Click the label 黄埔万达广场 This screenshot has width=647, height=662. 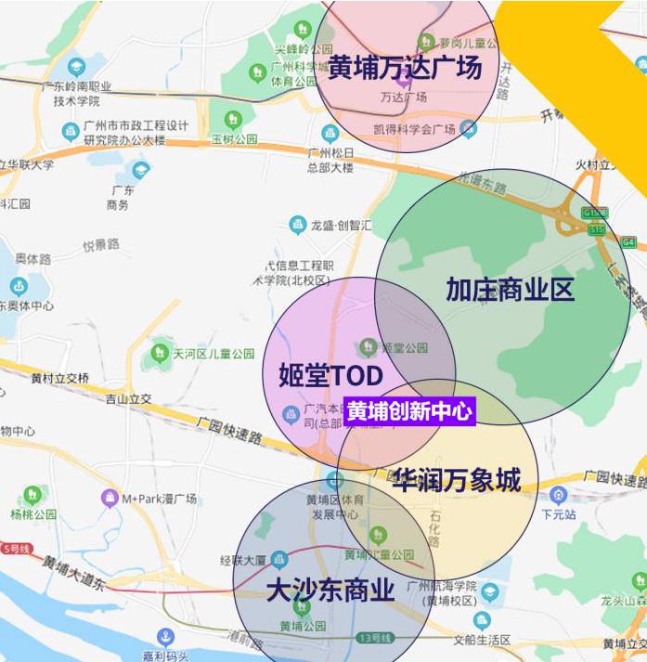pyautogui.click(x=405, y=68)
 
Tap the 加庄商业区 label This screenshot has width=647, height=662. pyautogui.click(x=510, y=290)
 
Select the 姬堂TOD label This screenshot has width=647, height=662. pyautogui.click(x=330, y=375)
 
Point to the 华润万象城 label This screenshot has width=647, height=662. pyautogui.click(x=456, y=480)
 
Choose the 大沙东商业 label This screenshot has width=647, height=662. pyautogui.click(x=330, y=591)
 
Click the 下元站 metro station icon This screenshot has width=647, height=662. pyautogui.click(x=558, y=495)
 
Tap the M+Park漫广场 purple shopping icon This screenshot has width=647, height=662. pyautogui.click(x=110, y=499)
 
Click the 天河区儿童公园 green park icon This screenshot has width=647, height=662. pyautogui.click(x=161, y=353)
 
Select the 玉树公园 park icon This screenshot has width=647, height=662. pyautogui.click(x=232, y=120)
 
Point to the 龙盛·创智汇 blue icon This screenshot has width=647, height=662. pyautogui.click(x=297, y=224)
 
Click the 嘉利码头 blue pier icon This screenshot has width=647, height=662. pyautogui.click(x=166, y=637)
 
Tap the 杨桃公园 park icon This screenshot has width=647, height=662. pyautogui.click(x=32, y=495)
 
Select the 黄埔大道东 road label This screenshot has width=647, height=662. pyautogui.click(x=74, y=572)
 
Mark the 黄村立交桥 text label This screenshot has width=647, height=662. pyautogui.click(x=60, y=379)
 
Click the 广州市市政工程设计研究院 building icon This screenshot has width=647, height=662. pyautogui.click(x=70, y=130)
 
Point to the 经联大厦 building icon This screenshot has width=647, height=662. pyautogui.click(x=278, y=559)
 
